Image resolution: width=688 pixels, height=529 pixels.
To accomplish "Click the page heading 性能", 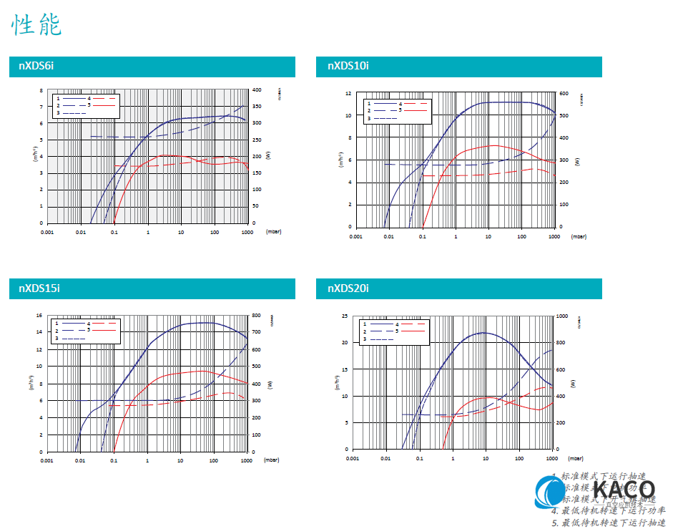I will click(x=36, y=24).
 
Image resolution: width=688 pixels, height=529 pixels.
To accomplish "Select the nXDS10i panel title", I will click(x=348, y=67).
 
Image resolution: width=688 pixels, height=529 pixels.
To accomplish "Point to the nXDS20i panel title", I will click(x=348, y=288).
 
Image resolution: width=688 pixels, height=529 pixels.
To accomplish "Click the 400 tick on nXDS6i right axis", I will click(x=256, y=90).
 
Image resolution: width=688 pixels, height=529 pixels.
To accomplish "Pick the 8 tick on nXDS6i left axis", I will click(x=41, y=91).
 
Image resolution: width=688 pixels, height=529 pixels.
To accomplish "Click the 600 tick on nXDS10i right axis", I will click(x=563, y=93).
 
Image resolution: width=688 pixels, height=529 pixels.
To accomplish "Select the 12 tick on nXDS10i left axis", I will click(x=348, y=93).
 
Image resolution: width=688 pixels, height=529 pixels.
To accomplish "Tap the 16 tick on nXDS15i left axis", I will click(x=40, y=315).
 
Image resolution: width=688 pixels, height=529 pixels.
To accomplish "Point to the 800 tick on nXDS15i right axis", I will click(x=256, y=315).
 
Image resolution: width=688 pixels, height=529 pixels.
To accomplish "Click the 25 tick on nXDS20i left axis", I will click(x=345, y=316).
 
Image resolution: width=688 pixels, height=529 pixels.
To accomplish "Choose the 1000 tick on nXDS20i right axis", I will click(x=563, y=316).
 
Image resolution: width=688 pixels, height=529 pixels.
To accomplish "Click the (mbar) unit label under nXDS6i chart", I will click(x=273, y=232).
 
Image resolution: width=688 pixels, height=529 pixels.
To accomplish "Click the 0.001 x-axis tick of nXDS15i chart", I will click(x=47, y=461).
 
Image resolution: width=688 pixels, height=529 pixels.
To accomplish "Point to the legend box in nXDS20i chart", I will click(x=395, y=331).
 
